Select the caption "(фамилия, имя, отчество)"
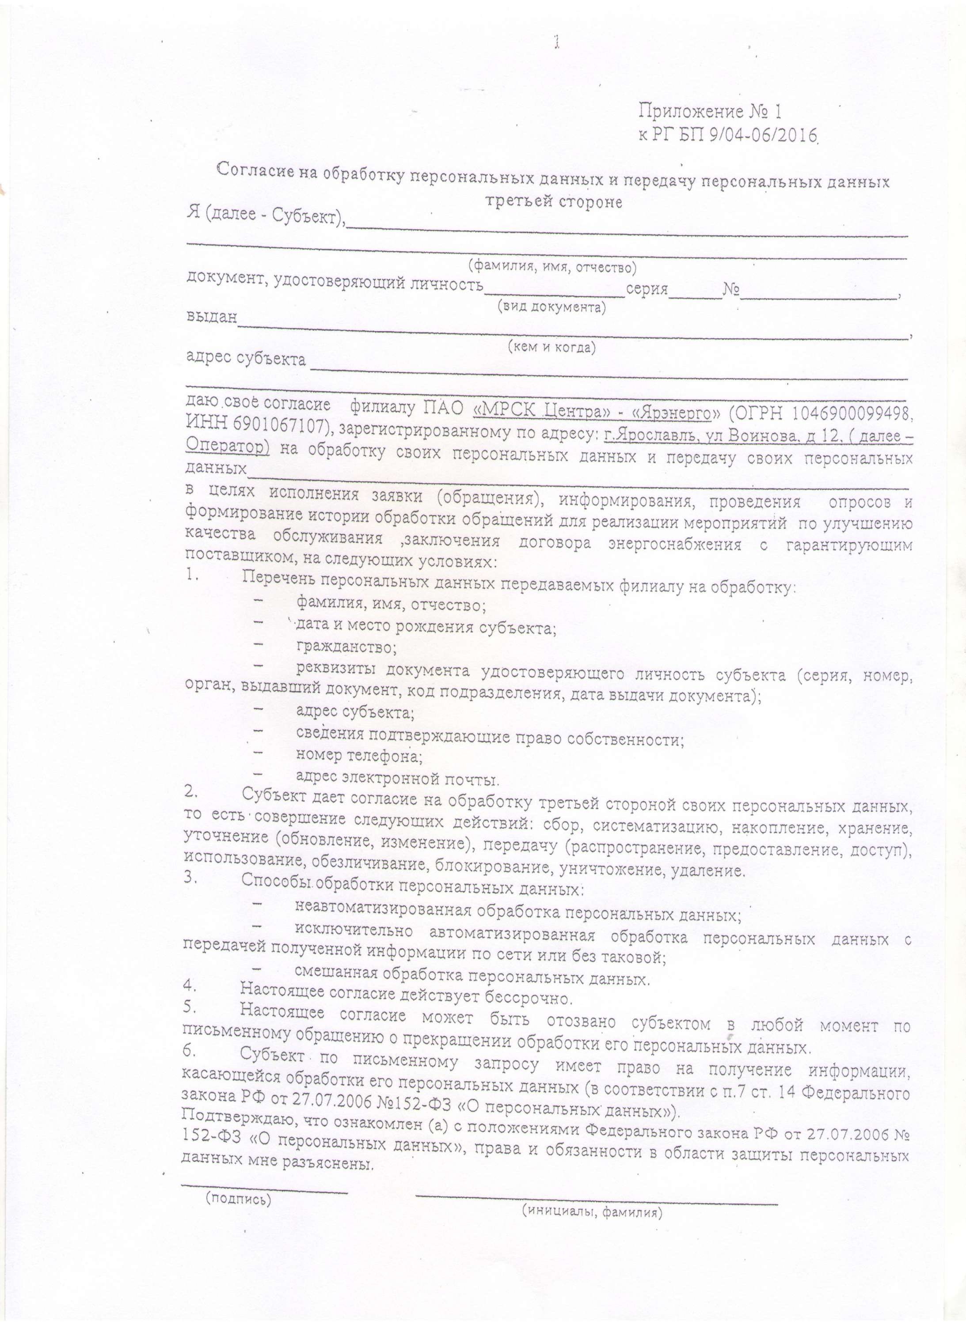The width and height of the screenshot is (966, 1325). pos(552,268)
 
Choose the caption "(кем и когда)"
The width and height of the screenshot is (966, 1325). pos(551,347)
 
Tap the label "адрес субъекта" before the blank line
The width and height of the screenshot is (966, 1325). pos(246,358)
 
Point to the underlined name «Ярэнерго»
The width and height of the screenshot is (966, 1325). pos(675,413)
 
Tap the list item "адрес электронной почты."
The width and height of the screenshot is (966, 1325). pos(398,779)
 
